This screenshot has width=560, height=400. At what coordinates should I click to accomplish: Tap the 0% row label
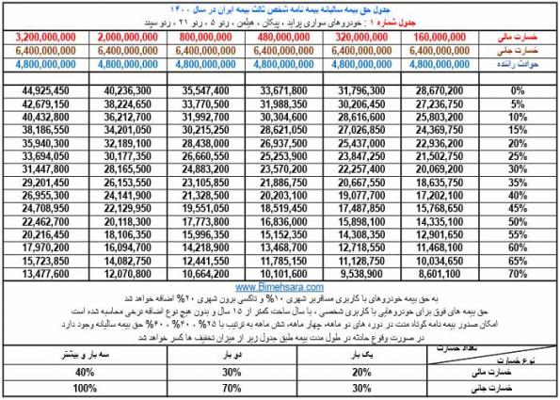point(518,90)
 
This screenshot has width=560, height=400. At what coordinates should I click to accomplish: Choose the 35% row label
point(518,184)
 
